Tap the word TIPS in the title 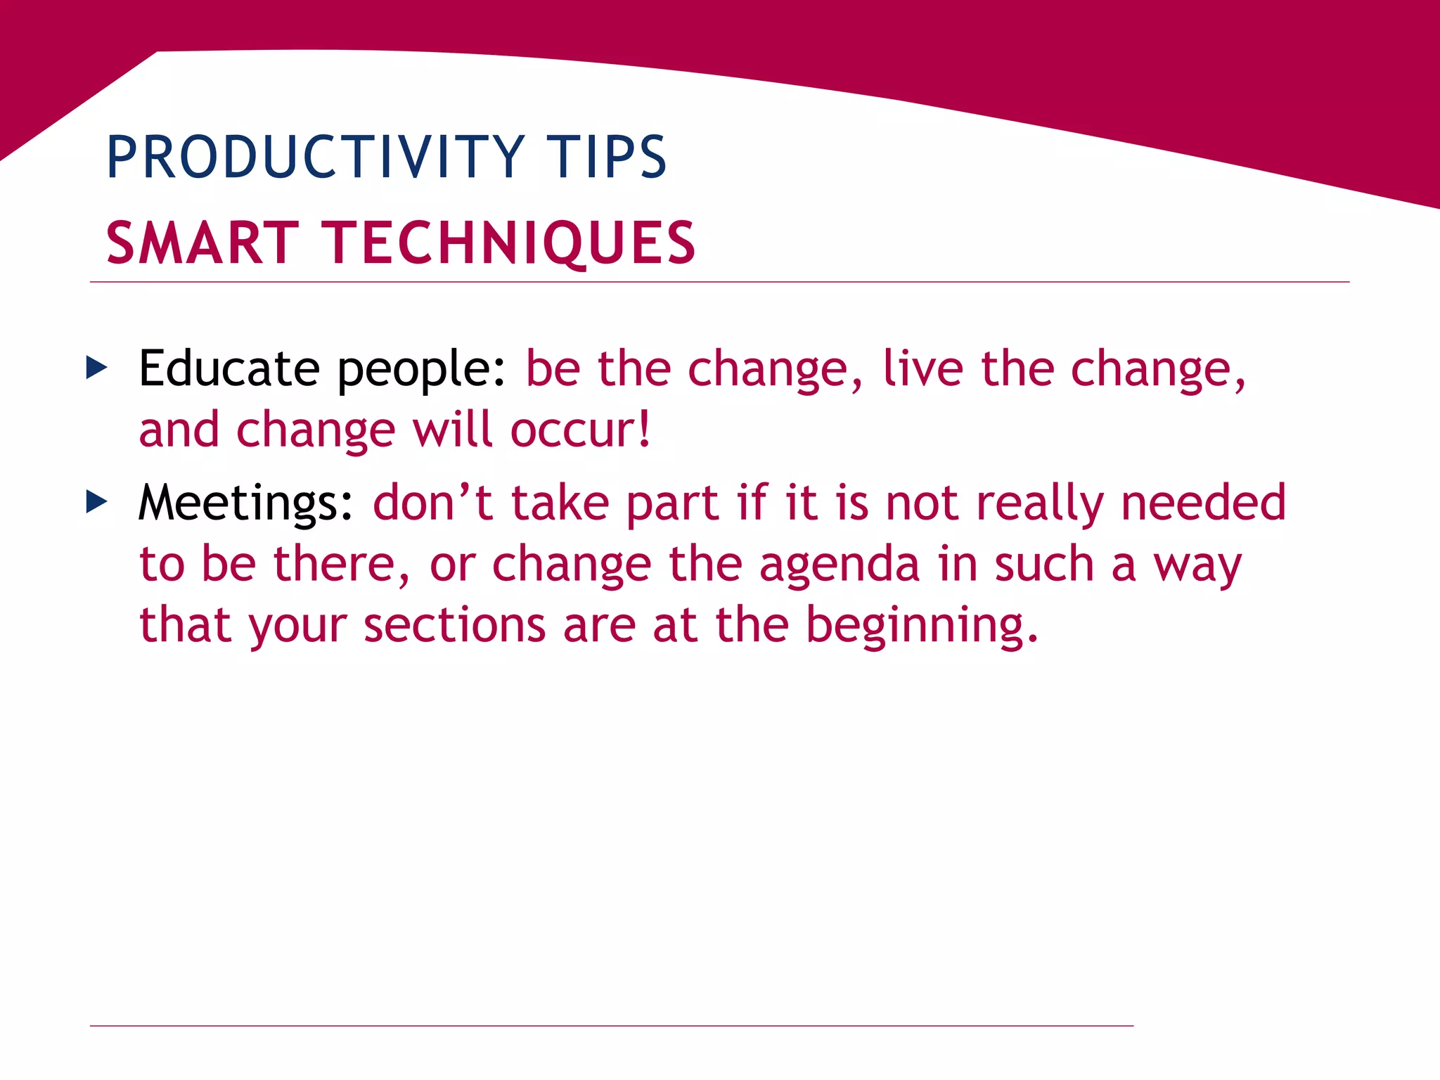pos(606,157)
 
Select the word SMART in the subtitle pos(202,243)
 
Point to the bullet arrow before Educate pos(96,367)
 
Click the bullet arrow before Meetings pos(96,502)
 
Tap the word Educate pos(229,368)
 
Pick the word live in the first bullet pos(922,368)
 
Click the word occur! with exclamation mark pos(581,430)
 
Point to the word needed pos(1203,503)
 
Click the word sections pos(454,624)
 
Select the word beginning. pos(921,626)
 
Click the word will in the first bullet pos(452,430)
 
